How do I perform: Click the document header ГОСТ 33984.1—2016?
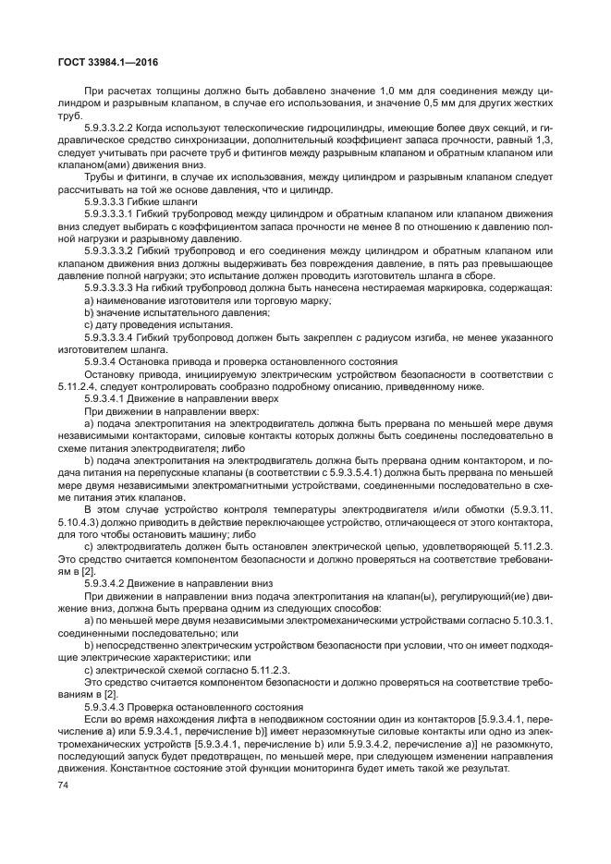pos(93,61)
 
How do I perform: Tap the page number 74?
pos(64,785)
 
